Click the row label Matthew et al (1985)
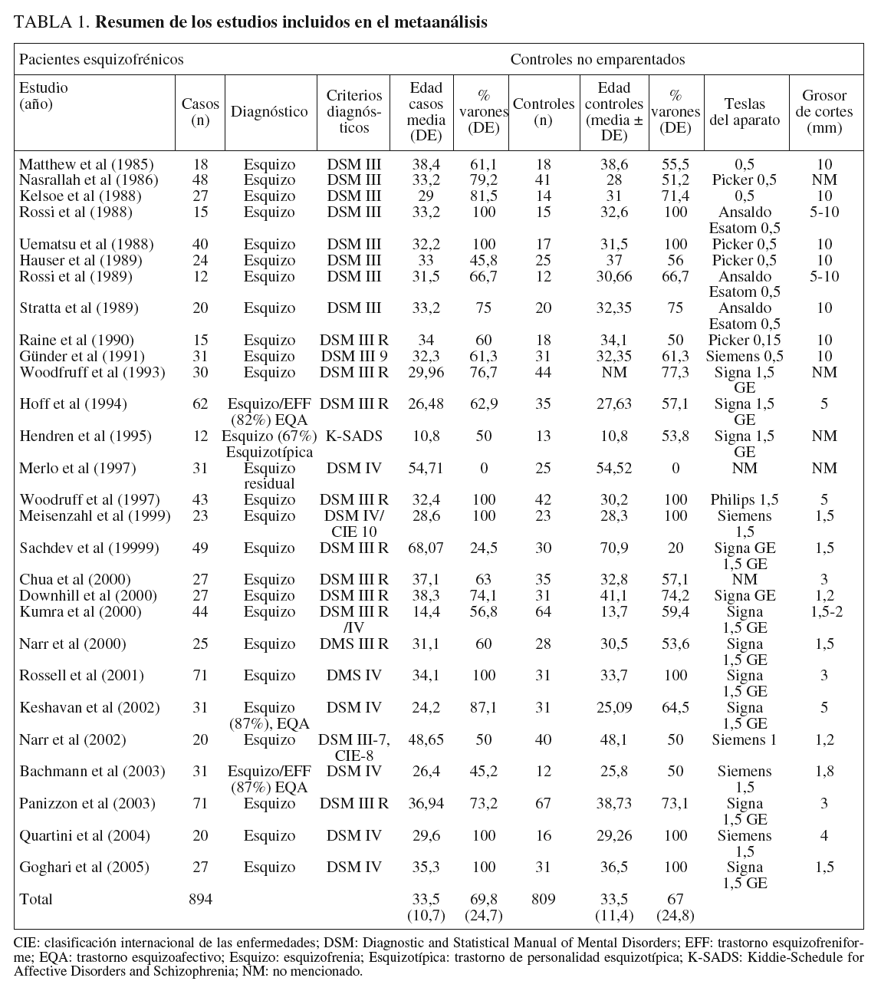click(x=87, y=164)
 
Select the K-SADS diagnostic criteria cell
click(x=353, y=436)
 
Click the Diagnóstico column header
click(x=270, y=112)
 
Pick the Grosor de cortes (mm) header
click(x=824, y=112)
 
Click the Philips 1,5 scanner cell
click(x=744, y=500)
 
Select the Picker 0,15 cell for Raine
click(x=744, y=341)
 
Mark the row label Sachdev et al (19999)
click(x=90, y=548)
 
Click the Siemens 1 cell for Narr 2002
click(x=744, y=740)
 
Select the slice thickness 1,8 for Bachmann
click(x=824, y=772)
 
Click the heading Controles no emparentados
click(x=597, y=59)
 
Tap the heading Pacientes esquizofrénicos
click(x=101, y=59)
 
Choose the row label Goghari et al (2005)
click(x=84, y=868)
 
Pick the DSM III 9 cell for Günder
click(x=353, y=357)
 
